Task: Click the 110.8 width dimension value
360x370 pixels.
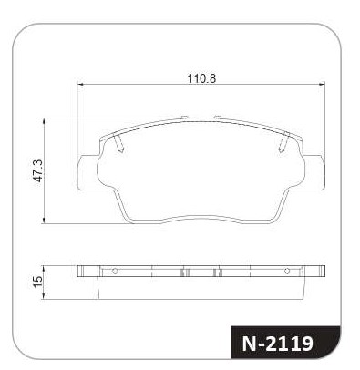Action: point(201,78)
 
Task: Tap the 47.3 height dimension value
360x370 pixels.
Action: point(39,170)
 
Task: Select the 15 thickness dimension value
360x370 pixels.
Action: point(38,283)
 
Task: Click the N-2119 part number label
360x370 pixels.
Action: point(277,344)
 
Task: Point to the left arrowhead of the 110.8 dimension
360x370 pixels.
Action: point(80,85)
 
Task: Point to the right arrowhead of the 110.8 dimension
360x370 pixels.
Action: point(322,85)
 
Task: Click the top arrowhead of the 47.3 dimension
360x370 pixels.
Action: point(45,121)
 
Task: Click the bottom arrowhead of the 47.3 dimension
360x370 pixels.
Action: point(45,221)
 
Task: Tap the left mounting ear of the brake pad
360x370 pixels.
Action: point(87,172)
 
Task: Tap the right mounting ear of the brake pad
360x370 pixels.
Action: point(314,172)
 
